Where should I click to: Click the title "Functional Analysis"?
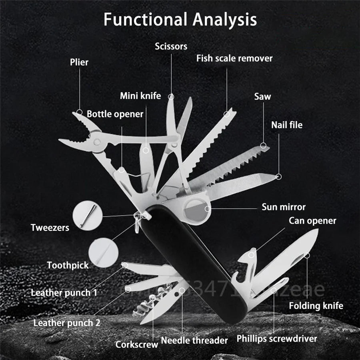180,20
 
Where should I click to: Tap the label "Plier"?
79,62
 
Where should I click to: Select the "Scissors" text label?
171,46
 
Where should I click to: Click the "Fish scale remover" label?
234,58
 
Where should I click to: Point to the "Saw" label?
262,96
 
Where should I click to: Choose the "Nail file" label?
287,125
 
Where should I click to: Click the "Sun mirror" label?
284,207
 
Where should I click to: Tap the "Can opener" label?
312,220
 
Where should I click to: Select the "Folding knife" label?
316,306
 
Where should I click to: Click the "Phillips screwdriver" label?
277,339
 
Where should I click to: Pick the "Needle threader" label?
194,341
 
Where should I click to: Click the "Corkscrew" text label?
137,344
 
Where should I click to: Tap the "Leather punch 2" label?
67,323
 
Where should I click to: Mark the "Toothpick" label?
68,265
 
